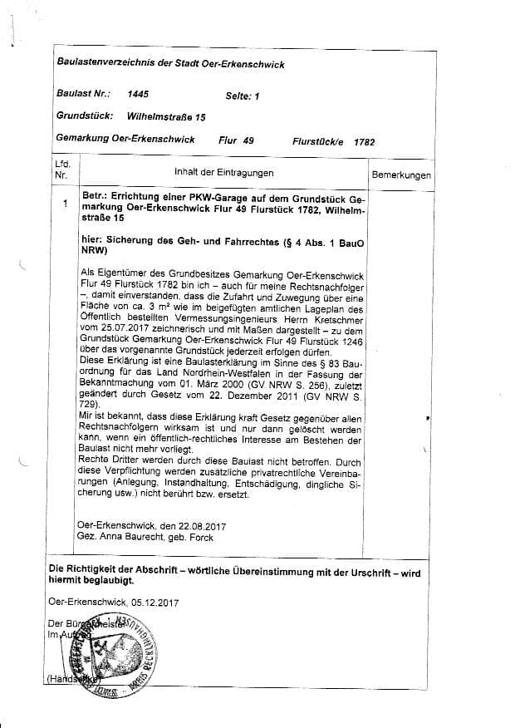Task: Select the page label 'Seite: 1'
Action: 243,96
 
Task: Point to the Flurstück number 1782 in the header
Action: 364,142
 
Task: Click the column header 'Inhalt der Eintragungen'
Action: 223,173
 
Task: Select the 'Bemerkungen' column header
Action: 401,176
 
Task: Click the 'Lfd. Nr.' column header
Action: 61,170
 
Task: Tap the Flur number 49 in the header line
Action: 248,140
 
